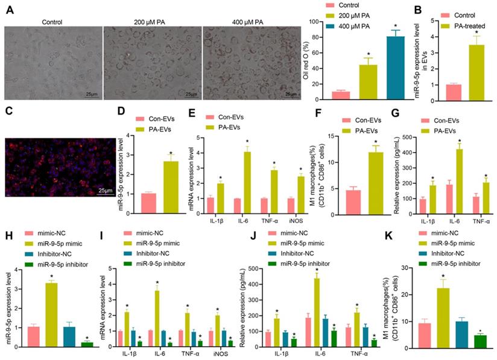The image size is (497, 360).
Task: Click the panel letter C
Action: coord(8,111)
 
